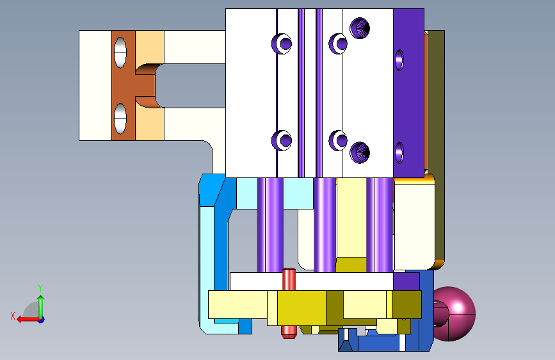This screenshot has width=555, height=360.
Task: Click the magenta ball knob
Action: pos(454,314)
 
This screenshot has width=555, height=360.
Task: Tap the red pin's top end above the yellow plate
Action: pos(289,270)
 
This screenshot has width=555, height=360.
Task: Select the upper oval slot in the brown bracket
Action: pos(120,53)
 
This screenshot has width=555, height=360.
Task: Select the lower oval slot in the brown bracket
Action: pos(120,119)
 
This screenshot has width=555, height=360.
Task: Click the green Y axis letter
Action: pos(40,288)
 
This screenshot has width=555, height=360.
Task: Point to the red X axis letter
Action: pos(13,316)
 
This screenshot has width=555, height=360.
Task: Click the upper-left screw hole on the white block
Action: pos(282,44)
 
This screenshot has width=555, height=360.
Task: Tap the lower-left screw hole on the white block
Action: pos(282,140)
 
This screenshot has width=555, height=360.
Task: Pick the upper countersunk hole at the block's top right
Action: pos(360,28)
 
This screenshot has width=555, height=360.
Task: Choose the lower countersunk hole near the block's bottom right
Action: pos(360,152)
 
